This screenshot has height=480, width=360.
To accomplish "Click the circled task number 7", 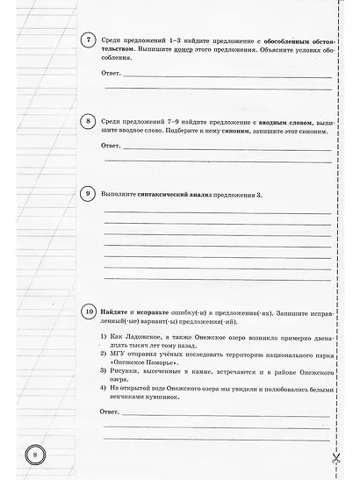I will (87, 42).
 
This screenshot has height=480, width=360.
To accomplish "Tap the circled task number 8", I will (87, 121).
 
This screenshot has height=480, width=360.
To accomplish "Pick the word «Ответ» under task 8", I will (112, 145).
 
